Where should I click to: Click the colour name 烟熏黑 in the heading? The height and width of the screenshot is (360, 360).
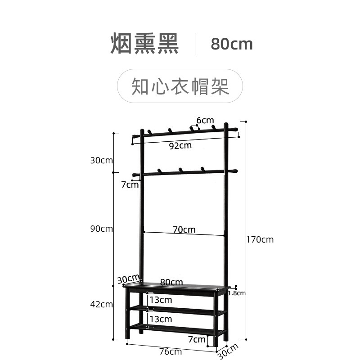[x=145, y=44]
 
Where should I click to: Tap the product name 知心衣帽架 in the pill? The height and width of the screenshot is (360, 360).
[x=180, y=86]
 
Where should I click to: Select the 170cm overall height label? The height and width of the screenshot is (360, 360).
[x=260, y=239]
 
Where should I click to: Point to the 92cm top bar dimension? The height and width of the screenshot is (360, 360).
[x=180, y=145]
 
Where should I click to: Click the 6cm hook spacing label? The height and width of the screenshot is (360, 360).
[x=205, y=120]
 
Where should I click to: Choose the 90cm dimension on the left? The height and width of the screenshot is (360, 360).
[x=101, y=229]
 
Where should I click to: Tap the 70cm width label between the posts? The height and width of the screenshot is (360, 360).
[x=184, y=229]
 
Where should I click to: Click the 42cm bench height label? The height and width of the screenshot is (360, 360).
[x=101, y=304]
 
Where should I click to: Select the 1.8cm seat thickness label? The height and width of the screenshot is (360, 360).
[x=237, y=293]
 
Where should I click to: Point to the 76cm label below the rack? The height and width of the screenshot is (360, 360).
[x=171, y=351]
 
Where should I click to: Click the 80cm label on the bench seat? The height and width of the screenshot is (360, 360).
[x=171, y=282]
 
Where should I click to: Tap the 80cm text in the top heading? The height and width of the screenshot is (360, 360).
[x=232, y=44]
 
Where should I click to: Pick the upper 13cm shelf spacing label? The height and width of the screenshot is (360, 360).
[x=161, y=300]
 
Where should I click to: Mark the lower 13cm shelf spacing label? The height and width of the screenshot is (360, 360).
[x=161, y=319]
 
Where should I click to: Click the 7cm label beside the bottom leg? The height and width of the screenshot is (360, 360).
[x=197, y=338]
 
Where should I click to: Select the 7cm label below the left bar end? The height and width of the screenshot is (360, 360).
[x=130, y=184]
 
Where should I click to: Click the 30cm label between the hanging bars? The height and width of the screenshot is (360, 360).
[x=101, y=160]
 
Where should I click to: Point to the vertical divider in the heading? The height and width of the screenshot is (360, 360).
[x=195, y=44]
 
